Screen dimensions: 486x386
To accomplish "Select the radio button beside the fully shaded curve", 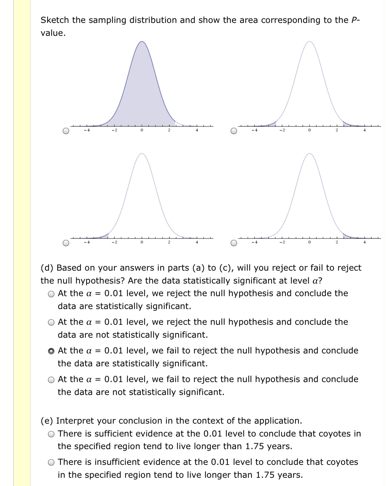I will coord(66,131).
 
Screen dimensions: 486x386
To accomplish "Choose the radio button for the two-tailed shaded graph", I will coord(234,131).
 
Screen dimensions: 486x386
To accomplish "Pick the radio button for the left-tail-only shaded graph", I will coord(66,243).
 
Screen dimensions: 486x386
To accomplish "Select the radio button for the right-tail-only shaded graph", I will coord(234,243).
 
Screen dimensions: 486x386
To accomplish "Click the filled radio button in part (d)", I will coord(51,351).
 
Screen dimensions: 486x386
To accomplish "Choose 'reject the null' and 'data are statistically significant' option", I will coord(51,294).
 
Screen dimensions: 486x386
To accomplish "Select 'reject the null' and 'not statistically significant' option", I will coord(51,322).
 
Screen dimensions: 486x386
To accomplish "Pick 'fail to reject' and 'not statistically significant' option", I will coord(51,380).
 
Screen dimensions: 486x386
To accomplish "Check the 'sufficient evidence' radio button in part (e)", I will coord(51,434).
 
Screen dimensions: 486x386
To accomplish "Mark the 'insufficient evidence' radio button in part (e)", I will coord(51,462).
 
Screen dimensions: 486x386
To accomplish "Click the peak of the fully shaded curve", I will coord(142,42).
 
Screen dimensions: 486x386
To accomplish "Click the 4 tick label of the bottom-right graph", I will coord(364,242).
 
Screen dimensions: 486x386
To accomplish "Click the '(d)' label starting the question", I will coord(47,268).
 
